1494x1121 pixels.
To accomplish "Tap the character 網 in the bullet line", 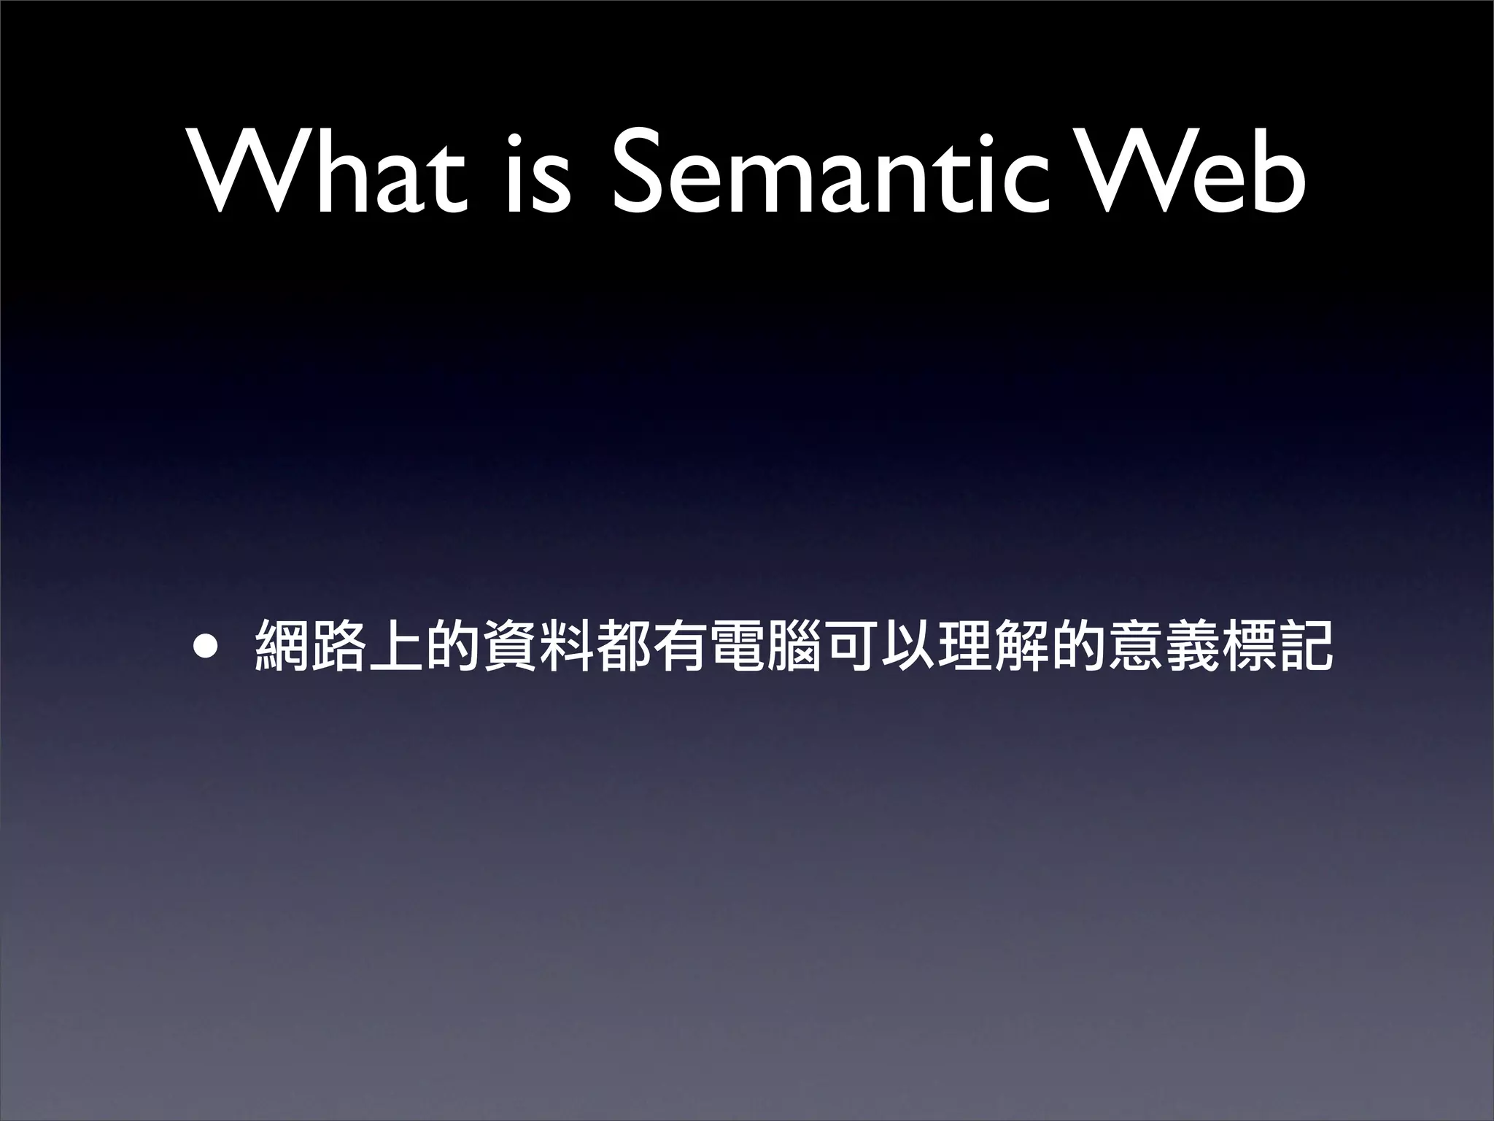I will pyautogui.click(x=281, y=644).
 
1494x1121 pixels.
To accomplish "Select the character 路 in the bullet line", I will pyautogui.click(x=338, y=644).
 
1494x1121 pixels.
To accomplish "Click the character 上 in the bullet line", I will pyautogui.click(x=395, y=644).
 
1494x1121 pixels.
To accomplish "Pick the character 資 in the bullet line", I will pyautogui.click(x=508, y=644).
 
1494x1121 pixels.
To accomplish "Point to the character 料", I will pyautogui.click(x=565, y=644).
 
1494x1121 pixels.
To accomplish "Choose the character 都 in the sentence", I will pyautogui.click(x=622, y=644).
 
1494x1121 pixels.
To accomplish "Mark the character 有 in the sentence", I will pyautogui.click(x=679, y=644).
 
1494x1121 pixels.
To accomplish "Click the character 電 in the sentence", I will pyautogui.click(x=736, y=644).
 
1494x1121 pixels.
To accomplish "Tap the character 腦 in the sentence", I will pyautogui.click(x=793, y=644).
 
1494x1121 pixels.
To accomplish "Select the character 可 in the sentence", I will pyautogui.click(x=850, y=644).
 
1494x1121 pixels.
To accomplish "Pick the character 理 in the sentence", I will pyautogui.click(x=964, y=644).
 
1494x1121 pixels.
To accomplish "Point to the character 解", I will pyautogui.click(x=1021, y=644).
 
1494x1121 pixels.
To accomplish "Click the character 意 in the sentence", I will pyautogui.click(x=1134, y=644).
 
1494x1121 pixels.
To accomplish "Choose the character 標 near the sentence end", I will pyautogui.click(x=1248, y=644).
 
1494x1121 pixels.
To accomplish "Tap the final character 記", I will pyautogui.click(x=1305, y=644).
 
